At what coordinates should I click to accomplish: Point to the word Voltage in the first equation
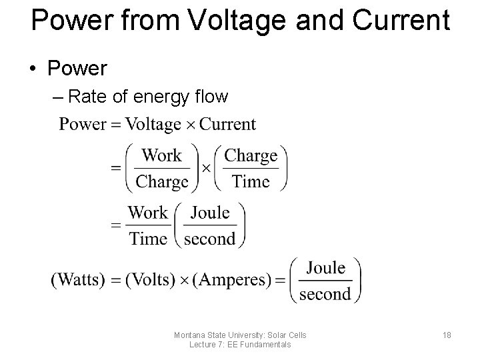click(153, 124)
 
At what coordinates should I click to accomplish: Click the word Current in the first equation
click(228, 124)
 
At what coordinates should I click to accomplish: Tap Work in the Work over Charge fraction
click(162, 156)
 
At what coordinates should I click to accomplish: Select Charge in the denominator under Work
click(162, 181)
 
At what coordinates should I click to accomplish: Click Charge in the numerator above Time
click(251, 156)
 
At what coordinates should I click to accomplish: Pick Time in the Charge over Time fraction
click(251, 181)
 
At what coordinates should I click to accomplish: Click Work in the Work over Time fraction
click(148, 213)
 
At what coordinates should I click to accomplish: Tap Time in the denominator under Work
click(148, 239)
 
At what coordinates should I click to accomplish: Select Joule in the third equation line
click(209, 213)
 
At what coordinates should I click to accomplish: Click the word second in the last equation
click(326, 293)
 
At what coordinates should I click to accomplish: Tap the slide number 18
click(446, 335)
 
